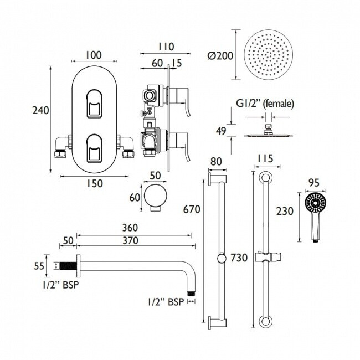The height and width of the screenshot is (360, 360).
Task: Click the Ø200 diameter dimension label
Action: point(220,56)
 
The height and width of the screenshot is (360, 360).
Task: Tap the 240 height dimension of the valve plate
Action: point(40,110)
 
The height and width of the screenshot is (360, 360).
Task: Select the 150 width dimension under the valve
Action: point(95,183)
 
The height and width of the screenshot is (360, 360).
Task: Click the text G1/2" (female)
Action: point(265,104)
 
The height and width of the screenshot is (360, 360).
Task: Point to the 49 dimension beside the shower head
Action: point(221,131)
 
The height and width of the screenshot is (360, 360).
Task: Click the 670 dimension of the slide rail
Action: point(192,209)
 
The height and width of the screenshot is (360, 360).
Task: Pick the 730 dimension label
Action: point(239,258)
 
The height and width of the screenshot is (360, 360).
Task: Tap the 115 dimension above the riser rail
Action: point(265,158)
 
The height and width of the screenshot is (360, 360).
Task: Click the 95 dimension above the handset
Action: point(314,183)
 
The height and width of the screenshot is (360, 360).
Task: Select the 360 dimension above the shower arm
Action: point(130,228)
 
